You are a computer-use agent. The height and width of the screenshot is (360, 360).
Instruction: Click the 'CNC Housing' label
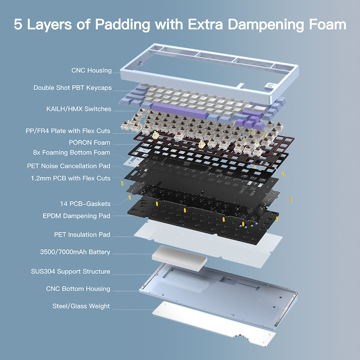point(91,71)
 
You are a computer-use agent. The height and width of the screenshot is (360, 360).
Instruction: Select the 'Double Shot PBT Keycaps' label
point(72,88)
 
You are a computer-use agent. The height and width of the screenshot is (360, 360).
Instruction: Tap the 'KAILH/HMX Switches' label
point(79,109)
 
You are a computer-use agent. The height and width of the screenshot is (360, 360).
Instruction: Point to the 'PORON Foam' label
point(89,143)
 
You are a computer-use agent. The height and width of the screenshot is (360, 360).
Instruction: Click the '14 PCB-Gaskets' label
point(85,204)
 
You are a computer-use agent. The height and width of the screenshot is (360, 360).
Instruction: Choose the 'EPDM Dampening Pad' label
point(76,216)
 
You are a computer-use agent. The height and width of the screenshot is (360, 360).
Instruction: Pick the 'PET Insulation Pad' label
point(82,235)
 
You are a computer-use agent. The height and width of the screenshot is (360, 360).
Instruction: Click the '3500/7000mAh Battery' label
point(75,252)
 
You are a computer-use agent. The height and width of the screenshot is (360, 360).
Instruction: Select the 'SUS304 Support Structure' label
point(71,271)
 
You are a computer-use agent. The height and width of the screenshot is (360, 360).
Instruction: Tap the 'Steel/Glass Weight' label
point(81,306)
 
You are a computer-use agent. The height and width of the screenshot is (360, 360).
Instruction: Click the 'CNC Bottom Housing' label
point(78,289)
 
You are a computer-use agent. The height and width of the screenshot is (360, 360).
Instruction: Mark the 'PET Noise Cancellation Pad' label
point(68,166)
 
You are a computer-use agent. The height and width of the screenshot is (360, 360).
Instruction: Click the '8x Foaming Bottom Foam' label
point(72,153)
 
